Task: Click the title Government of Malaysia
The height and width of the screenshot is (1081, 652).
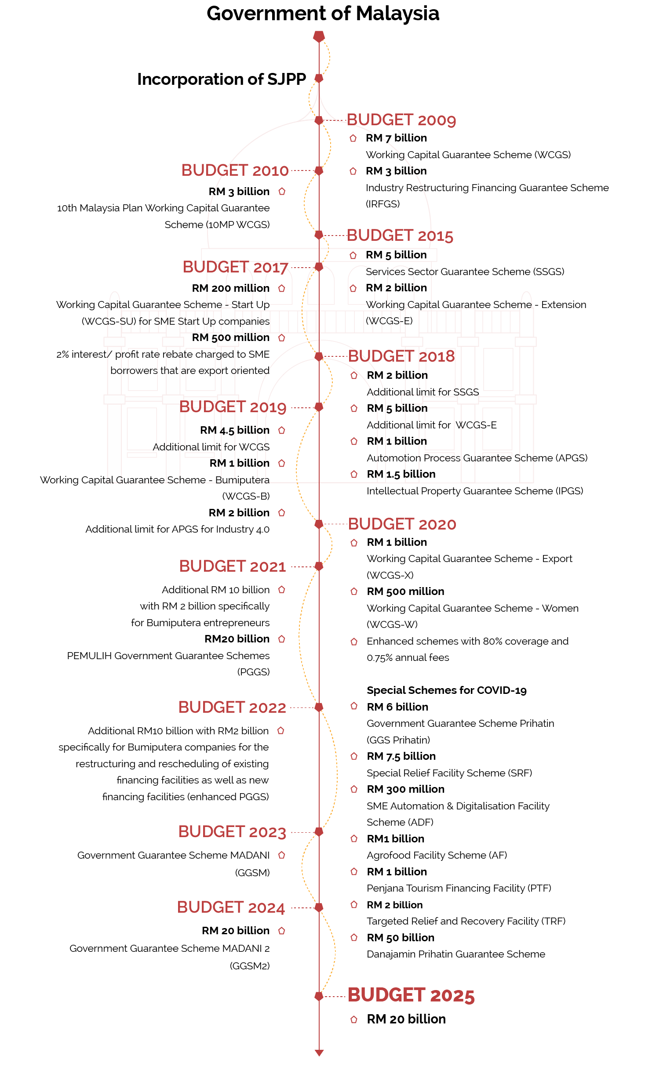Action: coord(323,14)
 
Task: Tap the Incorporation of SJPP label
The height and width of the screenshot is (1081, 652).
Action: coord(221,79)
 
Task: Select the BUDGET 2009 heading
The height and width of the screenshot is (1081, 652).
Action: coord(401,120)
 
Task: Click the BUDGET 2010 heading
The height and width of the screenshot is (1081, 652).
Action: coord(235,170)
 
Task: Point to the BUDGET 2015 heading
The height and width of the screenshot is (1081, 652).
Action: coord(400,236)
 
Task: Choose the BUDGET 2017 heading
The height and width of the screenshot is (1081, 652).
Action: coord(235,267)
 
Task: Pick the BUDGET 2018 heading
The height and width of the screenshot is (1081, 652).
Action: coord(401,356)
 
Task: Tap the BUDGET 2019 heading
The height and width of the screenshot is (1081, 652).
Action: coord(233,407)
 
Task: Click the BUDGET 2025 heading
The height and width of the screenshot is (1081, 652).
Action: coord(411,995)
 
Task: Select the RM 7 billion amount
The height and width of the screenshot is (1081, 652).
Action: coord(396,138)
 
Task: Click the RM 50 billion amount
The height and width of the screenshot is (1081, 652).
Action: coord(401,938)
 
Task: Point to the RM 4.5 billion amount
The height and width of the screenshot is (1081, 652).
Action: coord(235,430)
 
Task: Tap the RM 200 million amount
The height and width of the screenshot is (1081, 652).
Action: coord(231,288)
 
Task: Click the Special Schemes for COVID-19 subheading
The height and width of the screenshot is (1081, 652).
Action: coord(446,690)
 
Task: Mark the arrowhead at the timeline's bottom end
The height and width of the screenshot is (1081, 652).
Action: coord(319,1052)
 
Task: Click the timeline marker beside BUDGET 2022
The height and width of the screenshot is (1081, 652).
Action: coord(319,707)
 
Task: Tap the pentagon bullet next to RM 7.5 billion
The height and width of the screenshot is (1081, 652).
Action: coord(354,756)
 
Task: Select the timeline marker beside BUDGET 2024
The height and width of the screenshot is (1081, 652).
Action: coord(319,907)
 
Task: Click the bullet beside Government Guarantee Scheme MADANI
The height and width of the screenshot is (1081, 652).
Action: coord(282,855)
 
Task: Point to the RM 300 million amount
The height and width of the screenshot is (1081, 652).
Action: coord(405,789)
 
